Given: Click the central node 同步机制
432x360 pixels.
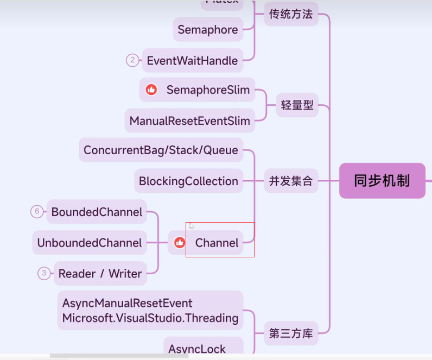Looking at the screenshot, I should (x=382, y=181).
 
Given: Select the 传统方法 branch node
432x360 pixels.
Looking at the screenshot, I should (x=291, y=15).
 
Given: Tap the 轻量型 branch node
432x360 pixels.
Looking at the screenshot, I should (x=297, y=105).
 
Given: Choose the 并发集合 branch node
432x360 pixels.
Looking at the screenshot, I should (x=291, y=181).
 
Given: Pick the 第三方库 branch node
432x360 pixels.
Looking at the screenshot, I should (x=291, y=333).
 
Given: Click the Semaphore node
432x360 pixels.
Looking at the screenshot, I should (x=208, y=30).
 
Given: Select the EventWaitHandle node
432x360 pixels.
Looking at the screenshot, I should (x=192, y=60).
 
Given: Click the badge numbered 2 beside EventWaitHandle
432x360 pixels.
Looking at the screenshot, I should (x=132, y=60).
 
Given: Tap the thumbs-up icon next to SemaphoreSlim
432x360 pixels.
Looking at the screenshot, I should (x=151, y=90).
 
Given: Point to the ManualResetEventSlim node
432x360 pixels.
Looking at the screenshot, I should (x=189, y=121).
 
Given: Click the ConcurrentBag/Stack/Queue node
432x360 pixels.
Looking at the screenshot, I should (x=161, y=150).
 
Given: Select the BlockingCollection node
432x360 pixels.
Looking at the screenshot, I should (x=188, y=181).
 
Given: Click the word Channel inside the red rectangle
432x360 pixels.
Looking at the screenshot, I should (x=217, y=243).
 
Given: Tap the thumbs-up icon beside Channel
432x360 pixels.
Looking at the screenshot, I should (x=180, y=243).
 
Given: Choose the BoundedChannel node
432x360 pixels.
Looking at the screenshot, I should (x=97, y=212).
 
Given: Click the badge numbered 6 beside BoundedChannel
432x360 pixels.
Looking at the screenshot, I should (x=37, y=212).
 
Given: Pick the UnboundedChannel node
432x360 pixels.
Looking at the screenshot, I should (x=90, y=243).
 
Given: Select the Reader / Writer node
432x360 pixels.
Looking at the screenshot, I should (x=100, y=274).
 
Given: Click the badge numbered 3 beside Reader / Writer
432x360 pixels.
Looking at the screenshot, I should (x=44, y=274).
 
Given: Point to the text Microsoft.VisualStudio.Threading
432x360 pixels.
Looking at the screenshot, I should (x=150, y=318).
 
